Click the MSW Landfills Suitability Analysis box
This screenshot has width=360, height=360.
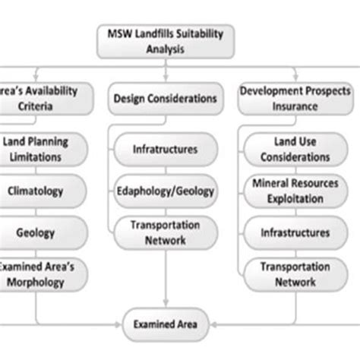click(x=164, y=43)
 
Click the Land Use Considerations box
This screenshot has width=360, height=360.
click(x=289, y=148)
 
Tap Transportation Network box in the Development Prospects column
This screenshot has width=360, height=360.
click(x=289, y=273)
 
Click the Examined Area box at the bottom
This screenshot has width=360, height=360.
click(x=164, y=325)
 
